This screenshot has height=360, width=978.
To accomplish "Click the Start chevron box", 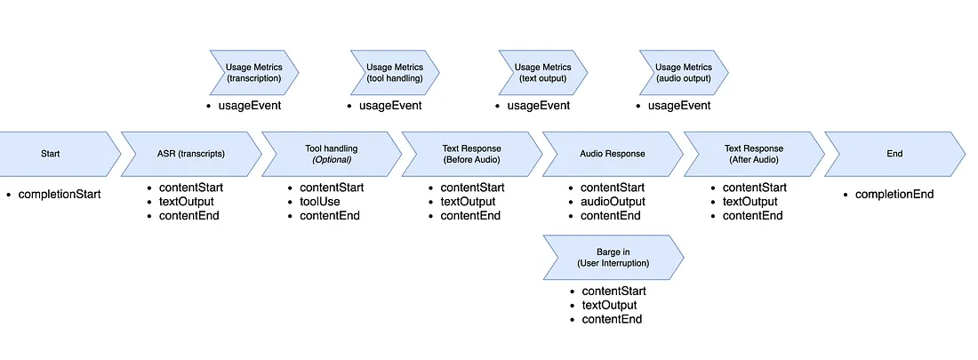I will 53,154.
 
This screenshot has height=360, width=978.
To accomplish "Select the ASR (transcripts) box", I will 190,154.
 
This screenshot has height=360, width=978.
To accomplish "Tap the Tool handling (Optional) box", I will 329,154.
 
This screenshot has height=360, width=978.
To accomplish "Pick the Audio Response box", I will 612,154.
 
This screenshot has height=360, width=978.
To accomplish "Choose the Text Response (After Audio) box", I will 751,154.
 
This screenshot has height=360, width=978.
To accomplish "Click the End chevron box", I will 894,154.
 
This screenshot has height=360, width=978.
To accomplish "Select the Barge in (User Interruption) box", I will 612,257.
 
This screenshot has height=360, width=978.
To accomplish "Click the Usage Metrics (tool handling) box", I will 394,73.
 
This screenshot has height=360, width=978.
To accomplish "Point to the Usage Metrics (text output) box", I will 543,73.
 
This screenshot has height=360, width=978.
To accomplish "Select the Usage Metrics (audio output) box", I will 683,73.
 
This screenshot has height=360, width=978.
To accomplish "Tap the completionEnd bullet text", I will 894,194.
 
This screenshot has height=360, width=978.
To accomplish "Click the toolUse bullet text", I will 319,202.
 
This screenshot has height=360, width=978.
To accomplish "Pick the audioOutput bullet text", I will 614,202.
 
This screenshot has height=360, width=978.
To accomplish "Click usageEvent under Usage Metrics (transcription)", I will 250,107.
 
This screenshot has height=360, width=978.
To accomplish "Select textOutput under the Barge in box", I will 609,305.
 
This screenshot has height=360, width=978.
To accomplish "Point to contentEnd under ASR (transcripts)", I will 188,216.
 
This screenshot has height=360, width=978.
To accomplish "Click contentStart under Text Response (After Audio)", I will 754,188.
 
